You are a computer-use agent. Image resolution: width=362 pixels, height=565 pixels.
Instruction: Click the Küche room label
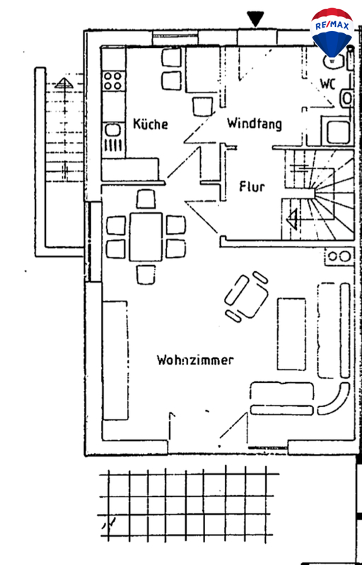(x=151, y=124)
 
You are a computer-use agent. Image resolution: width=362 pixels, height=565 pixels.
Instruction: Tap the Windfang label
(x=255, y=123)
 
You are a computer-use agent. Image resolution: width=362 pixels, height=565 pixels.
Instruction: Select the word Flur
(x=252, y=186)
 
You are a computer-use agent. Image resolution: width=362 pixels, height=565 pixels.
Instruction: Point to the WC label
(x=328, y=84)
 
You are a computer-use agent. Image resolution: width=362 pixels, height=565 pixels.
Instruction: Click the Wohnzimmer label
(x=195, y=359)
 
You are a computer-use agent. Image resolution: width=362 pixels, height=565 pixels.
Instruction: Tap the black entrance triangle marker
(x=255, y=19)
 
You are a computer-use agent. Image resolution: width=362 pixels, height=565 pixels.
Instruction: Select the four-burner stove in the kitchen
(x=113, y=81)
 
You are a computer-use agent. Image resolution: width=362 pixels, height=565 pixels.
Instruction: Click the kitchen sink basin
(x=113, y=129)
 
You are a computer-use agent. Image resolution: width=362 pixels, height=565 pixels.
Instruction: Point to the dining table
(x=146, y=237)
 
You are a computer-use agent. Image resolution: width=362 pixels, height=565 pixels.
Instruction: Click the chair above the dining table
(x=146, y=199)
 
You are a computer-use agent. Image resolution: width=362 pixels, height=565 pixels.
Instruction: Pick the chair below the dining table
(x=146, y=275)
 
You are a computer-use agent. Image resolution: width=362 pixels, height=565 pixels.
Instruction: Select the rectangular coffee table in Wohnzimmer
(x=291, y=334)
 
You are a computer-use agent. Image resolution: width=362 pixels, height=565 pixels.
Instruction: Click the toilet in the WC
(x=346, y=98)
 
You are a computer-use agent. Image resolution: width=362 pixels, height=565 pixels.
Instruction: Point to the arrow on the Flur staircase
(x=293, y=220)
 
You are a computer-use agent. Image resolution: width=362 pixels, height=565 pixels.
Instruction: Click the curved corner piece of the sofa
(x=334, y=400)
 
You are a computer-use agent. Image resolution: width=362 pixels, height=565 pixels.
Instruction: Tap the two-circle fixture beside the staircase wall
(x=339, y=256)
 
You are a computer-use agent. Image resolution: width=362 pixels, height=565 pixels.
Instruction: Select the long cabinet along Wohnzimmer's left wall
(x=115, y=360)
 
